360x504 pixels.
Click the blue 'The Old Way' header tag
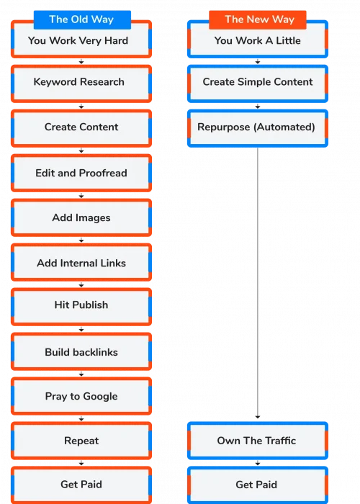point(82,19)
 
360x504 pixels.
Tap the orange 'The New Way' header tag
point(258,19)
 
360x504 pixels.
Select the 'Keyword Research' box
point(81,84)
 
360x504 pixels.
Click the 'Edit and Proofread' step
point(81,173)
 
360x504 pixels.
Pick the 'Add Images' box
point(81,217)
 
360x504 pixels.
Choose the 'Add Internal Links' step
point(81,262)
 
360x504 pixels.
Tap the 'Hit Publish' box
point(81,307)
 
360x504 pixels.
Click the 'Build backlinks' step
point(81,351)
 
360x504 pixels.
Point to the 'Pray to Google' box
point(81,396)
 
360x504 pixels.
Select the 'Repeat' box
point(81,441)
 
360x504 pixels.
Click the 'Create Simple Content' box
point(258,84)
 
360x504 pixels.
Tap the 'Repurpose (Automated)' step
point(258,128)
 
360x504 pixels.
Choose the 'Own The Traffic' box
point(258,441)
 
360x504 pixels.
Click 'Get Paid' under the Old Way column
point(81,485)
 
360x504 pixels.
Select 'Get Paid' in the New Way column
point(258,485)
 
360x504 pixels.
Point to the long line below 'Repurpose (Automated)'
point(258,283)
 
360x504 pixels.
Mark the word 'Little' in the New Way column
point(288,40)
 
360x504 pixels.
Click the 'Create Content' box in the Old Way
point(81,128)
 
